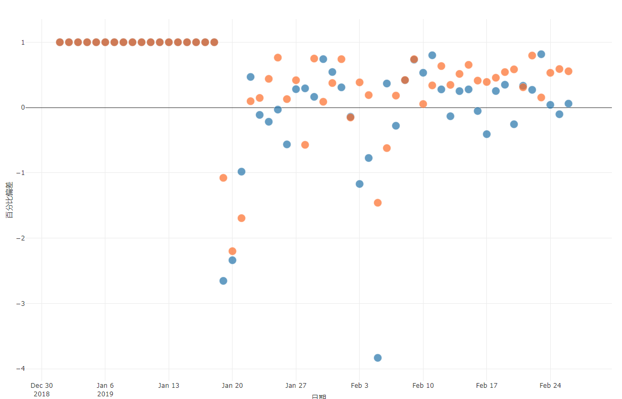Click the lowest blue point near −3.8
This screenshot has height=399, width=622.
coord(378,358)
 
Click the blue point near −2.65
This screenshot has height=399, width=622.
coord(223,281)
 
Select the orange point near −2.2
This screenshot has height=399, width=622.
coord(233,251)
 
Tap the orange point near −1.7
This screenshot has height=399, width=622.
coord(242,218)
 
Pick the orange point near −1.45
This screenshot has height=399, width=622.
coord(378,203)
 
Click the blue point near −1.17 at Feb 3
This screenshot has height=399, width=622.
coord(360,184)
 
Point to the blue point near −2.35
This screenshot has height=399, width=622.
coord(233,260)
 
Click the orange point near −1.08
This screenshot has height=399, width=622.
coord(223,178)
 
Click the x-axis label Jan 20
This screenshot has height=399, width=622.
coord(233,386)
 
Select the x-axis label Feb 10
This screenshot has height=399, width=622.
coord(423,386)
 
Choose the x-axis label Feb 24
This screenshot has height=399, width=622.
coord(550,386)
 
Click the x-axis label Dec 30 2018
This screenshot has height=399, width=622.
coord(42,389)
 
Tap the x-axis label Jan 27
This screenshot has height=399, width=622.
coord(296,386)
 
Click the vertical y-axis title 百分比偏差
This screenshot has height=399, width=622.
coord(9,199)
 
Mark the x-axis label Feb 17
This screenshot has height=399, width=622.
coord(486,386)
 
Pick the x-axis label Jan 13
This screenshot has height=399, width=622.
coord(169,386)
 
